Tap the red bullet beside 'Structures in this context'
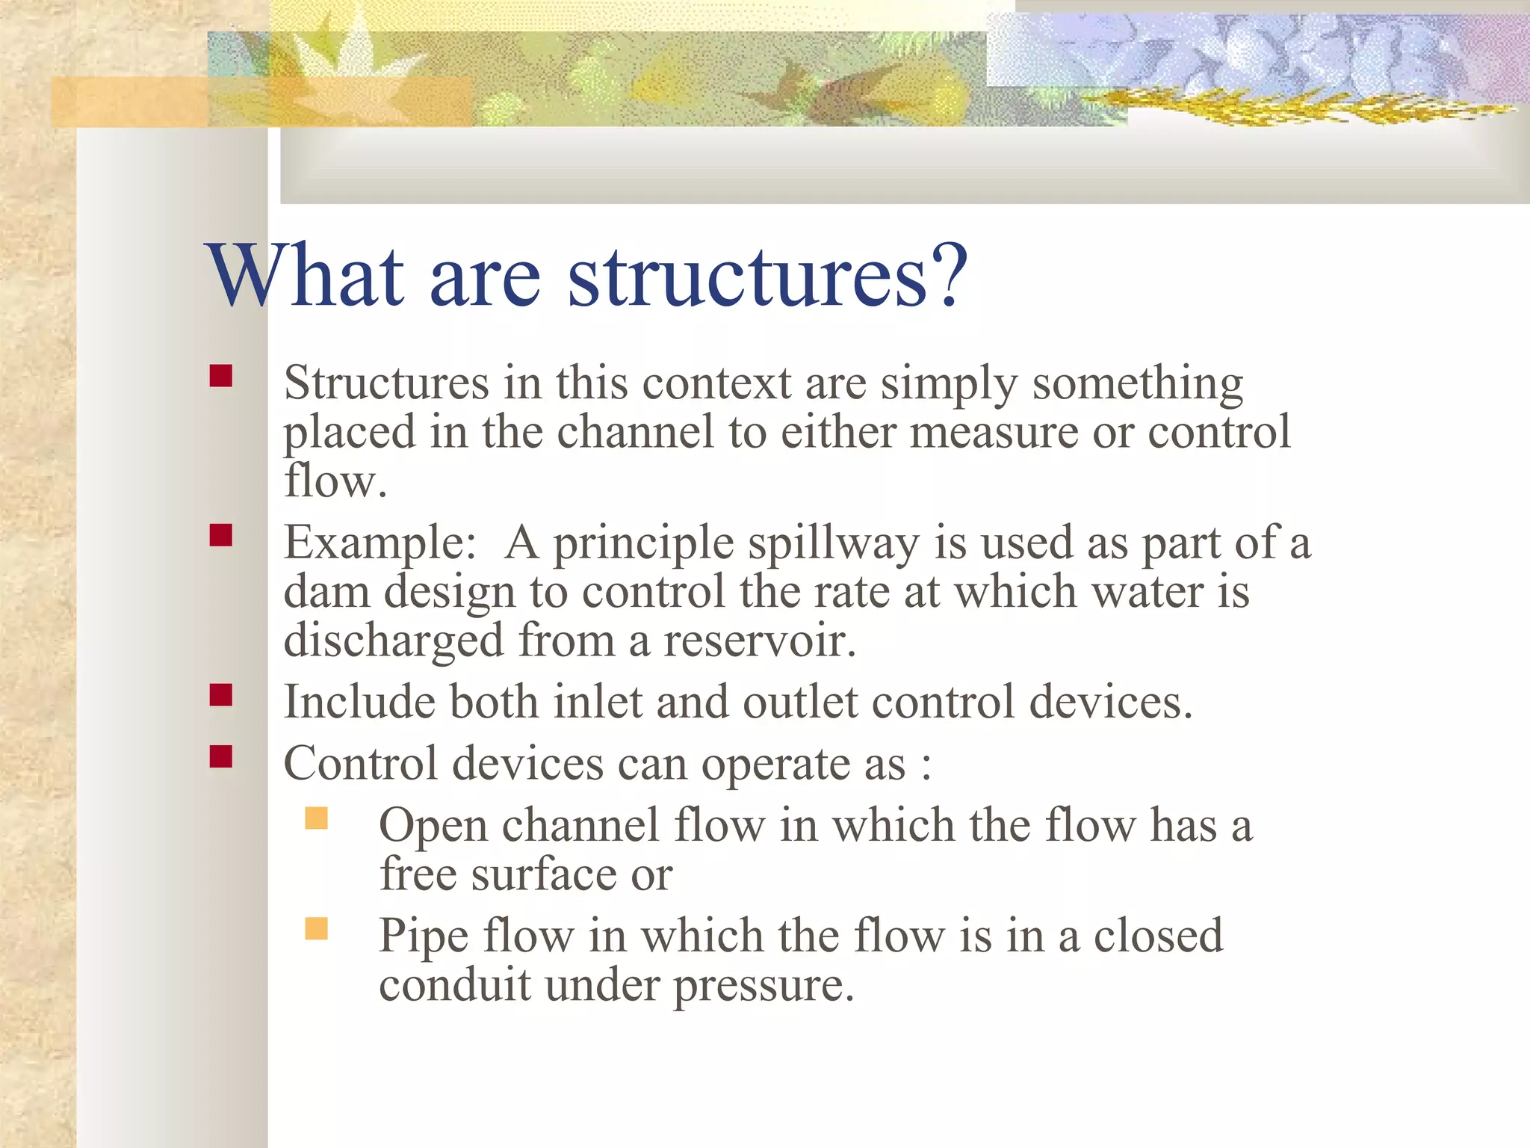[221, 375]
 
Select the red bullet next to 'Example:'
[221, 535]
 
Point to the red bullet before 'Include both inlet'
[221, 695]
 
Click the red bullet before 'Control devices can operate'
[221, 757]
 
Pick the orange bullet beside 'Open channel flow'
[317, 818]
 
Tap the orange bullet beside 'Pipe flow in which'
[317, 928]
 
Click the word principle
[643, 544]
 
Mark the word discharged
[394, 641]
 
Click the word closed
[1158, 936]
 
